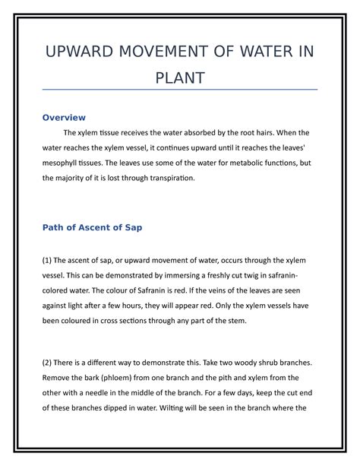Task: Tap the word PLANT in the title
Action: click(180, 78)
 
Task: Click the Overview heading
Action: click(64, 118)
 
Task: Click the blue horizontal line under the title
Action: click(180, 90)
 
